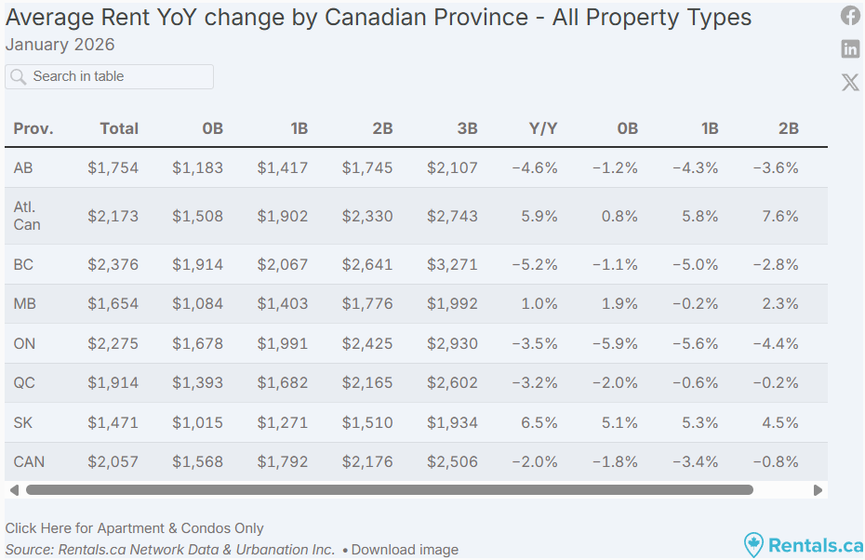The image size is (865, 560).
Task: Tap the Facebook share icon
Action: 850,16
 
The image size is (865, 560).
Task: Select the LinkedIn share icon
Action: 850,49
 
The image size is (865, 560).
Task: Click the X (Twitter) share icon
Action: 850,82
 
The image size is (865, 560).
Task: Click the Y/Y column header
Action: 543,128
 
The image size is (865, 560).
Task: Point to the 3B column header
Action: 467,128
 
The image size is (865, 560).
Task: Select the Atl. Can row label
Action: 27,216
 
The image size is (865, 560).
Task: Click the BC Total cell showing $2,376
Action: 113,264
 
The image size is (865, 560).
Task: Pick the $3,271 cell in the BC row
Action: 452,264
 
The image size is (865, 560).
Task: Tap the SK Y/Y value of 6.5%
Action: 540,422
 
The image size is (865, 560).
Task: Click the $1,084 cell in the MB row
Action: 197,304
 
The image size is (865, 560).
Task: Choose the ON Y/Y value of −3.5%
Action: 535,343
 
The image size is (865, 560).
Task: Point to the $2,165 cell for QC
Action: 367,383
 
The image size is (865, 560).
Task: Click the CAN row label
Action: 29,461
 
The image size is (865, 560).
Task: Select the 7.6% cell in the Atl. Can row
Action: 779,216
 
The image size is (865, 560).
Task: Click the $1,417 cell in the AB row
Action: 283,168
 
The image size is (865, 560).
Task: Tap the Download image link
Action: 405,550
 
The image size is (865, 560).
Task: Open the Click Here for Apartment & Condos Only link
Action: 135,528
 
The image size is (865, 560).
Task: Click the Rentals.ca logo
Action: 804,544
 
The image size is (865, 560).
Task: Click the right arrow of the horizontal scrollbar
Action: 818,489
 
